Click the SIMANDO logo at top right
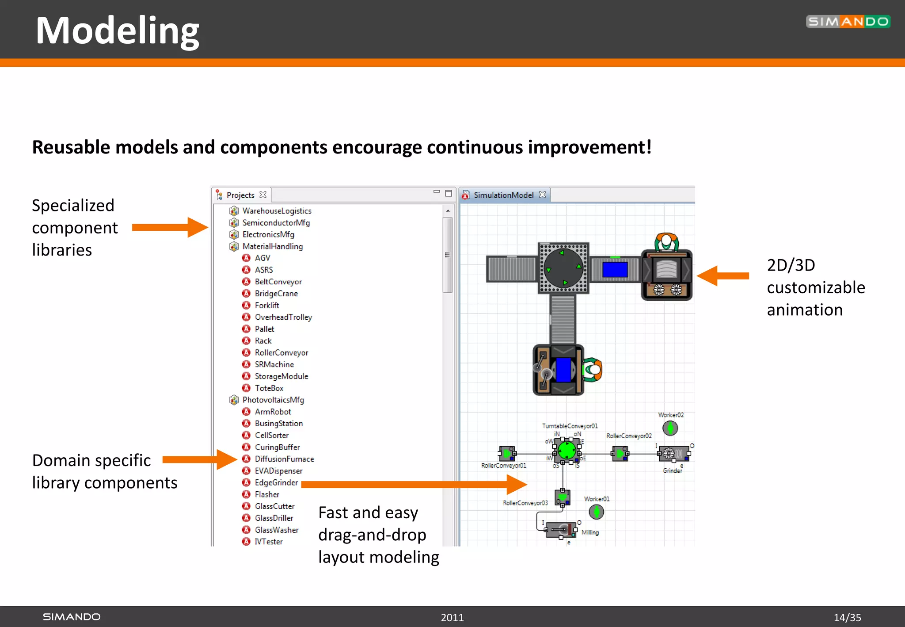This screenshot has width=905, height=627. (848, 22)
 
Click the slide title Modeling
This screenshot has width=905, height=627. (118, 31)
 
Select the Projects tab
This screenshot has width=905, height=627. (240, 195)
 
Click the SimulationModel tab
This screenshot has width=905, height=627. (503, 195)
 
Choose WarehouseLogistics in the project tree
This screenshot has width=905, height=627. (277, 211)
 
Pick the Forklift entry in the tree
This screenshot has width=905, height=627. (267, 306)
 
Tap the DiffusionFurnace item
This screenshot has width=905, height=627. (284, 459)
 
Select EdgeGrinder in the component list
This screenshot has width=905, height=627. (276, 483)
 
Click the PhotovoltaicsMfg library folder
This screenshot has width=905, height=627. (273, 400)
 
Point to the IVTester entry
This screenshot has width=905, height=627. (268, 542)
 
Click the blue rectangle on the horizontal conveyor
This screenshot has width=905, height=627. (615, 270)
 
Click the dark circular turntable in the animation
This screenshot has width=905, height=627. (563, 268)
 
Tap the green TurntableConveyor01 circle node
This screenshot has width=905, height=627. (567, 451)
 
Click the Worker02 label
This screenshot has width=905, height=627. (670, 415)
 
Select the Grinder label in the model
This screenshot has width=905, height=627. (672, 471)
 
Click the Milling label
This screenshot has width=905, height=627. (590, 532)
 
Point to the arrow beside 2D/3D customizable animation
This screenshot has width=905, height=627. (723, 276)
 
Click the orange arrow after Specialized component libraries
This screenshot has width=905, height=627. (170, 227)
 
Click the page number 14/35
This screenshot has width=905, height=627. (847, 617)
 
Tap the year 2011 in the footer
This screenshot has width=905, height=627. (452, 617)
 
